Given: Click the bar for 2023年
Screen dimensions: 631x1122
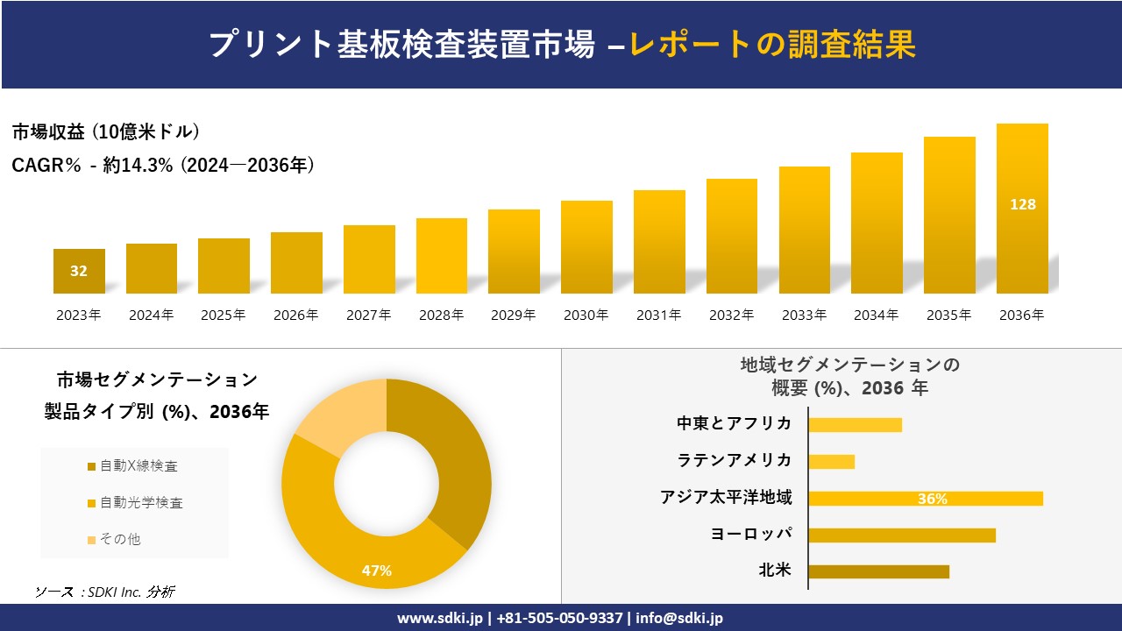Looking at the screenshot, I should (79, 271).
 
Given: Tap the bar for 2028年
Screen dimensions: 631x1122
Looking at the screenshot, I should (442, 256).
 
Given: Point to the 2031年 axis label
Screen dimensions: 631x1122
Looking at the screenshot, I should (658, 315).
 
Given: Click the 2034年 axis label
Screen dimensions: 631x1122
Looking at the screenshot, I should (876, 315).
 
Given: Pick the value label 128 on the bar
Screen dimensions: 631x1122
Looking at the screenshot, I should (1022, 204).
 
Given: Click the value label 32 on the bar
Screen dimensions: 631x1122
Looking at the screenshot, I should (79, 271).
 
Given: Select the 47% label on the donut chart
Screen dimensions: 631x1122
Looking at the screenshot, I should (377, 571).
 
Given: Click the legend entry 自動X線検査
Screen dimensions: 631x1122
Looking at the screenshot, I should (138, 466).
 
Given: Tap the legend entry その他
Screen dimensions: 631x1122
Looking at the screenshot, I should (119, 539).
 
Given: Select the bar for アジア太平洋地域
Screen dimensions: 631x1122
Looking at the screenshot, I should (926, 499).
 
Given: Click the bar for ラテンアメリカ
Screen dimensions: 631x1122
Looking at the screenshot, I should (831, 461).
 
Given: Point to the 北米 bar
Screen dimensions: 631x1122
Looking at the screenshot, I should (878, 571).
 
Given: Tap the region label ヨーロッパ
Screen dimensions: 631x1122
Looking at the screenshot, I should (751, 534).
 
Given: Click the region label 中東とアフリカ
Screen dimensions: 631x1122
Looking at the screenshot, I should (734, 423).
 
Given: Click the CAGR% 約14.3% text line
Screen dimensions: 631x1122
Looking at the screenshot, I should (163, 165).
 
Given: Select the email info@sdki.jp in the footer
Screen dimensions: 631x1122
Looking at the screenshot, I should (679, 618).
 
